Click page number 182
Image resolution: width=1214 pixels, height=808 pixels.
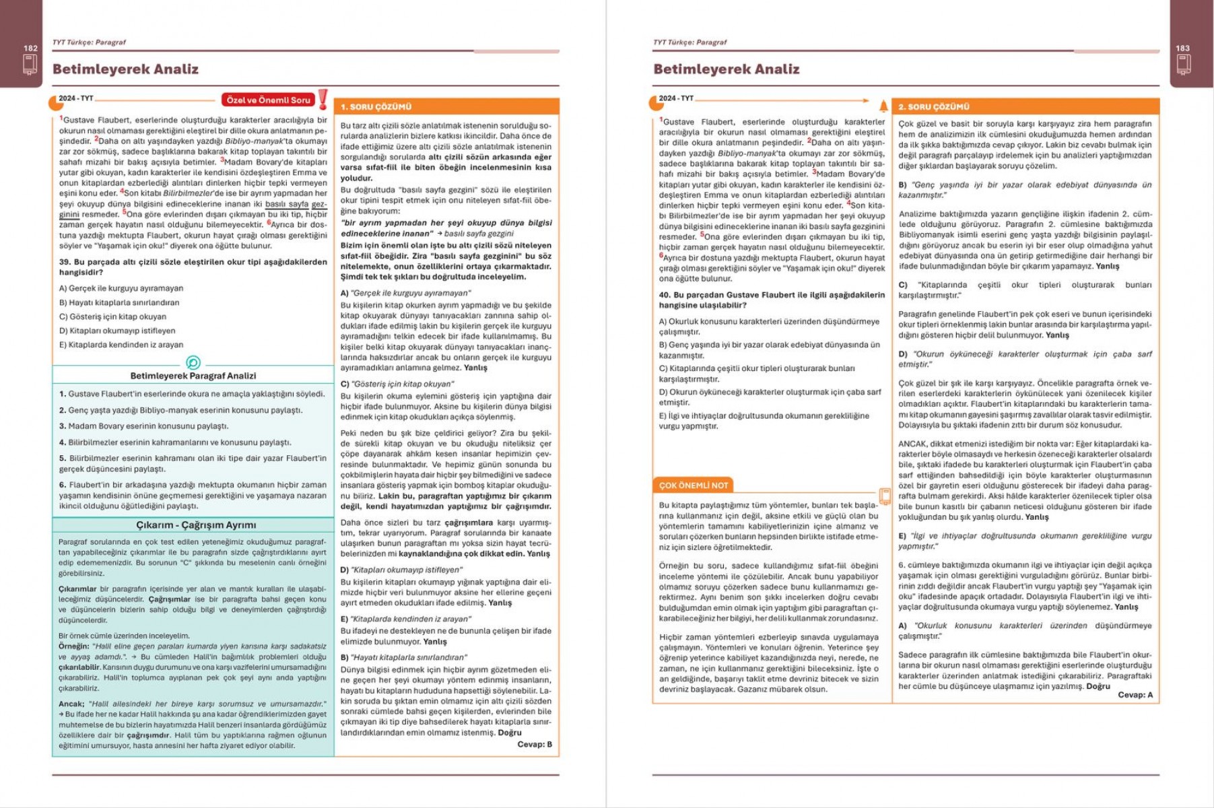click(30, 48)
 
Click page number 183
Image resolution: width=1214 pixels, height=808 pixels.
click(1182, 48)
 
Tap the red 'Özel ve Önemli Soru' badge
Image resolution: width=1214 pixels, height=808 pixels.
click(268, 100)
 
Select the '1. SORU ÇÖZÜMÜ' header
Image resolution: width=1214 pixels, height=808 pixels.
click(376, 106)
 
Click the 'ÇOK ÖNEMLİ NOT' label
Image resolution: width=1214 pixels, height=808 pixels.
click(693, 485)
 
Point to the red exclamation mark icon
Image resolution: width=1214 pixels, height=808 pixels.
click(323, 99)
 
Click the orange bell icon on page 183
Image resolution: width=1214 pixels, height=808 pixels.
click(883, 105)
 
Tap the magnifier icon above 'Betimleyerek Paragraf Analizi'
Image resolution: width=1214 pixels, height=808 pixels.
click(193, 363)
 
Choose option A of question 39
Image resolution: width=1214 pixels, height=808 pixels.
click(121, 288)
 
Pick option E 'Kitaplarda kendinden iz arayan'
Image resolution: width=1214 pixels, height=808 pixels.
click(121, 345)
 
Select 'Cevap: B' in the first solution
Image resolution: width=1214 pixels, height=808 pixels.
click(535, 744)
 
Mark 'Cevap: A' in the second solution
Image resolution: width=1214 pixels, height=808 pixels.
click(1135, 694)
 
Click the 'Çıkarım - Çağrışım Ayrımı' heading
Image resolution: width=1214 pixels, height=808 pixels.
click(195, 525)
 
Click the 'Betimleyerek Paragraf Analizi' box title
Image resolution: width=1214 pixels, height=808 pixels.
click(193, 376)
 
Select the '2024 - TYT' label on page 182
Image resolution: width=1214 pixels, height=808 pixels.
click(75, 98)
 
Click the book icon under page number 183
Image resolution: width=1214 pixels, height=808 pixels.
click(1182, 65)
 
